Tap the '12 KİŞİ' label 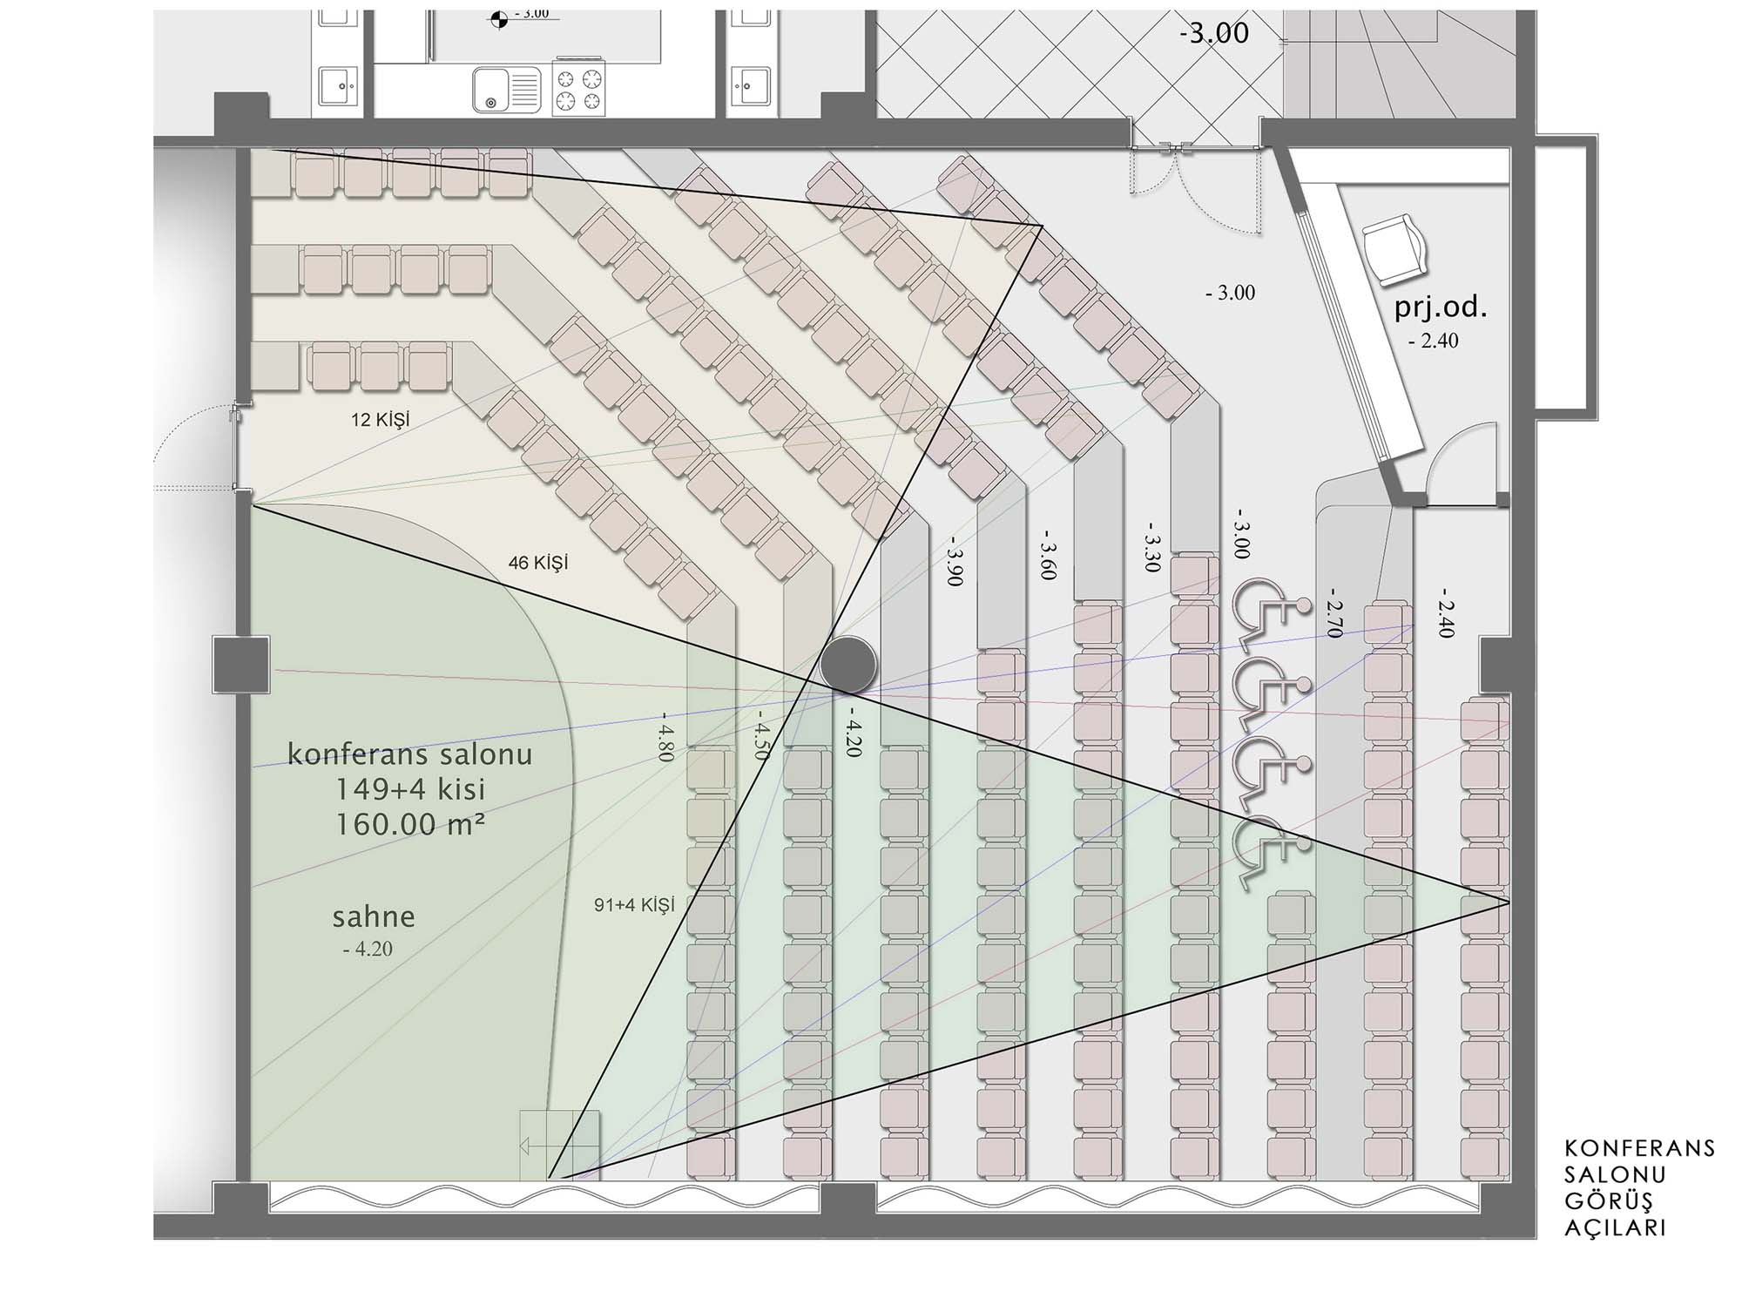pyautogui.click(x=380, y=420)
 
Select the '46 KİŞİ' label pyautogui.click(x=537, y=563)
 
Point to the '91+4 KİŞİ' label pyautogui.click(x=634, y=905)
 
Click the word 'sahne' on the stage pyautogui.click(x=374, y=916)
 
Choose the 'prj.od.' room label pyautogui.click(x=1441, y=307)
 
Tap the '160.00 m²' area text pyautogui.click(x=410, y=824)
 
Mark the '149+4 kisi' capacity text pyautogui.click(x=410, y=789)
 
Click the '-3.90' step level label pyautogui.click(x=955, y=562)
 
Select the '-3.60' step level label pyautogui.click(x=1049, y=555)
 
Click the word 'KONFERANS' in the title pyautogui.click(x=1640, y=1148)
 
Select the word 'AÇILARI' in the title pyautogui.click(x=1616, y=1228)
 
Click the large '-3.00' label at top pyautogui.click(x=1214, y=33)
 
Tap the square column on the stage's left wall pyautogui.click(x=241, y=665)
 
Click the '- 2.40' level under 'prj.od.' pyautogui.click(x=1433, y=341)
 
